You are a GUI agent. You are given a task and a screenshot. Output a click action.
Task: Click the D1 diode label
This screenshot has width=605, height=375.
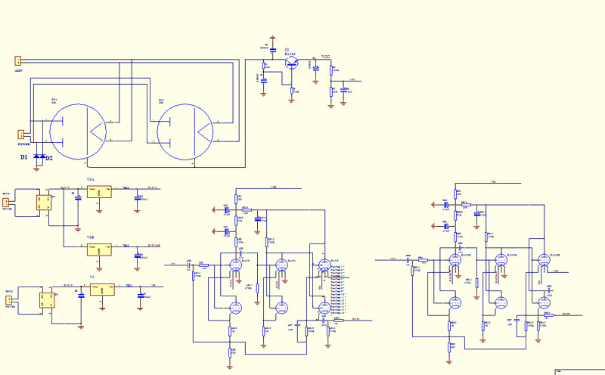coord(24,157)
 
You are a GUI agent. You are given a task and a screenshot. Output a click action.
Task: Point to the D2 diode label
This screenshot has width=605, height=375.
coord(49,157)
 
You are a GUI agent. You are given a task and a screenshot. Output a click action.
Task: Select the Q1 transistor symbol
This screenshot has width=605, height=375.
coord(293,65)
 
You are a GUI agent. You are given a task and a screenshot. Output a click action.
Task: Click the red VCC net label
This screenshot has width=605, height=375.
coord(325,57)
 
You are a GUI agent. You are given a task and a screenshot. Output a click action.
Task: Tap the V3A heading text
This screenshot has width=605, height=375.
coord(91,179)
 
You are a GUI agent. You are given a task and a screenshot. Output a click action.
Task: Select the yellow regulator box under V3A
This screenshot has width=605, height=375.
coord(99,192)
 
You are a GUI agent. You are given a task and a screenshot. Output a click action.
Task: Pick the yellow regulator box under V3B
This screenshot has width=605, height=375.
coord(99,249)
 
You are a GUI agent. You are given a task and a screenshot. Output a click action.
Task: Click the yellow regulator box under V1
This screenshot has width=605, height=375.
coord(102,290)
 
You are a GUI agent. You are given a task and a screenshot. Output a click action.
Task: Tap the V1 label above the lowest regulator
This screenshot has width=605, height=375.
coord(92,277)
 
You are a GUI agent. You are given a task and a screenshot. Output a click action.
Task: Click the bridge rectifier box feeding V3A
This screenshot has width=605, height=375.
coord(43,203)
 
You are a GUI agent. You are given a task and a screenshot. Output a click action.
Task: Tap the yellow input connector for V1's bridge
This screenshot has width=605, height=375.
coord(9,300)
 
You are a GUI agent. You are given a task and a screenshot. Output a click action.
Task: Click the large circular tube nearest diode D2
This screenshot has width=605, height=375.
coord(80,132)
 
